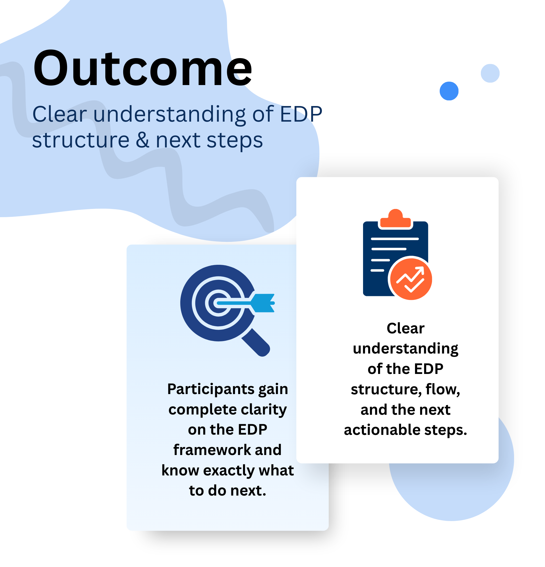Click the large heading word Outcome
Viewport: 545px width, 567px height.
pyautogui.click(x=142, y=68)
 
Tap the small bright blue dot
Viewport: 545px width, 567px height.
pyautogui.click(x=449, y=91)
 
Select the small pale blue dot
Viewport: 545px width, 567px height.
pyautogui.click(x=490, y=73)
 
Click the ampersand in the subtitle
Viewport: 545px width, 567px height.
pyautogui.click(x=142, y=140)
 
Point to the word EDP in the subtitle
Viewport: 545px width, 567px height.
pyautogui.click(x=301, y=114)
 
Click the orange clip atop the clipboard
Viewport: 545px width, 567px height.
pyautogui.click(x=395, y=218)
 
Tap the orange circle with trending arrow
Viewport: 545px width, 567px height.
pyautogui.click(x=411, y=279)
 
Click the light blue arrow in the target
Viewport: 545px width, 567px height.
pyautogui.click(x=246, y=303)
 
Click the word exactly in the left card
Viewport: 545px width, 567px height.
pyautogui.click(x=229, y=471)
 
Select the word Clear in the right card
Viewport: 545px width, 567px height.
pyautogui.click(x=405, y=328)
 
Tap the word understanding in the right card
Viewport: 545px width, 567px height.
pyautogui.click(x=405, y=349)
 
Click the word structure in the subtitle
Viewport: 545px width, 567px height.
pyautogui.click(x=81, y=141)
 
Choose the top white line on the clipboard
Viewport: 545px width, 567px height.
pyautogui.click(x=395, y=239)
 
